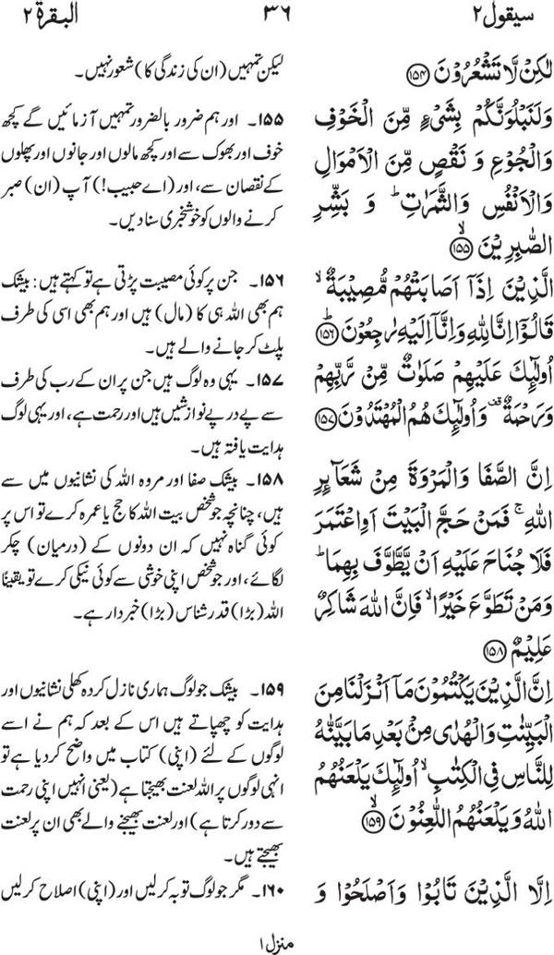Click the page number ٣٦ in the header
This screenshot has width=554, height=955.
[278, 17]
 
